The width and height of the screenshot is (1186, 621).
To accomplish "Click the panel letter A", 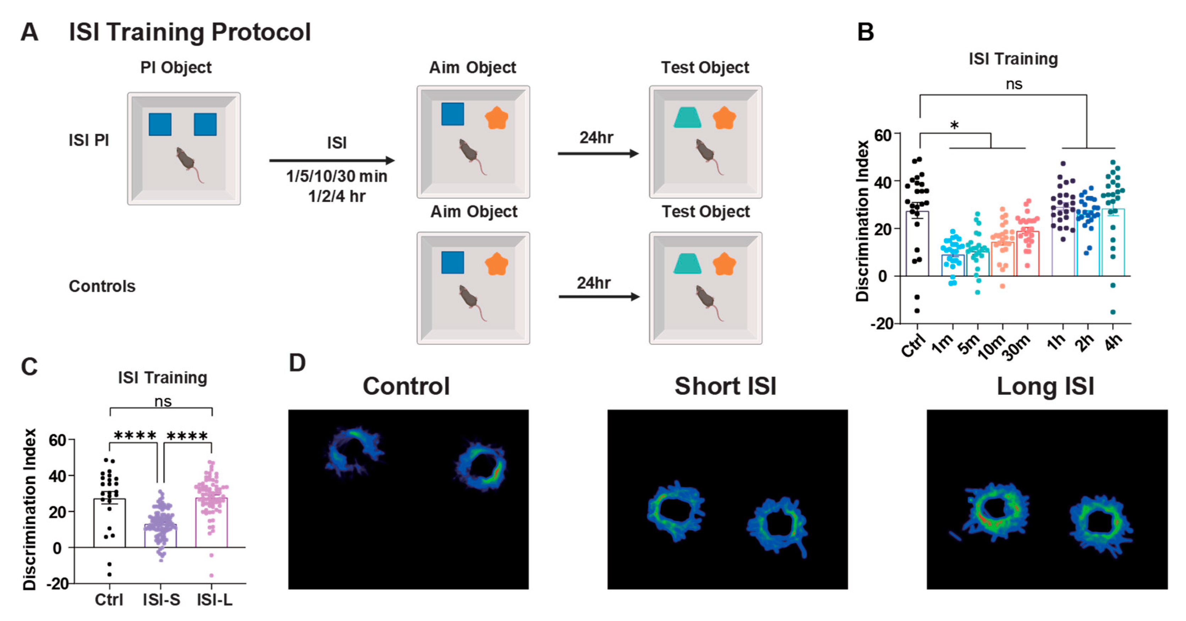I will point(29,32).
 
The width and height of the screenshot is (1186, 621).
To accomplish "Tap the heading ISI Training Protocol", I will point(190,32).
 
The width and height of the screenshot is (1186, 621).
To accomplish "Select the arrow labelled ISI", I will point(331,160).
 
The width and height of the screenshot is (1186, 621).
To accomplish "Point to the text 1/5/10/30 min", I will point(336,176).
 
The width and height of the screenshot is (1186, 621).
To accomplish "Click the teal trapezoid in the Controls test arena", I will point(687,264).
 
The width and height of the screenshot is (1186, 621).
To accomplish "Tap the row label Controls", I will point(102,286).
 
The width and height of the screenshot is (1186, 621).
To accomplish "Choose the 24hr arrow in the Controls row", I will point(599,297).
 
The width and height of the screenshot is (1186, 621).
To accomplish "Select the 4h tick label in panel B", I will point(1115,343).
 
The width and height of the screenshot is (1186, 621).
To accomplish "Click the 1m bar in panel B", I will point(952,265).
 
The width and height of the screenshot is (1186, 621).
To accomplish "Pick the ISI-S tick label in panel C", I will point(161,600).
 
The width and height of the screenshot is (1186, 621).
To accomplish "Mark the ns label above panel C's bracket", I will point(163,402).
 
